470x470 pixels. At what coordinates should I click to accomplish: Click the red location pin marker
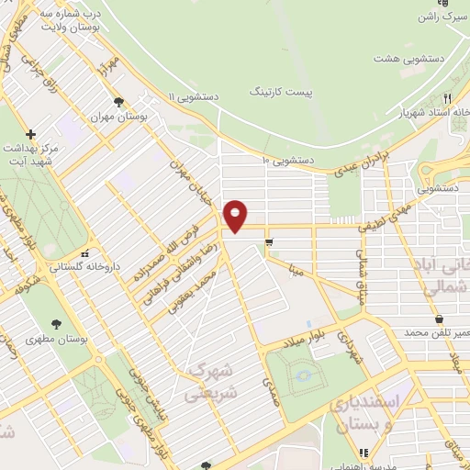236,216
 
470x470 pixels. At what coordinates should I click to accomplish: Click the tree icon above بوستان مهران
117,102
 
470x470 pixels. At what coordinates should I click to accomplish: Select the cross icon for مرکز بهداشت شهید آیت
31,133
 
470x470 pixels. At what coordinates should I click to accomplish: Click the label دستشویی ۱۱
196,95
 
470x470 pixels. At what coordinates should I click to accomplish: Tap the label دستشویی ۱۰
288,160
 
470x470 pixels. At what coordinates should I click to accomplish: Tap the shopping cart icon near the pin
269,243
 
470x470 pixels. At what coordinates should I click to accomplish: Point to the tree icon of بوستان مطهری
56,322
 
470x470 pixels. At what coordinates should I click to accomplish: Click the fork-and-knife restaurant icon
447,97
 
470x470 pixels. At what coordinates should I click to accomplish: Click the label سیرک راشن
439,16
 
